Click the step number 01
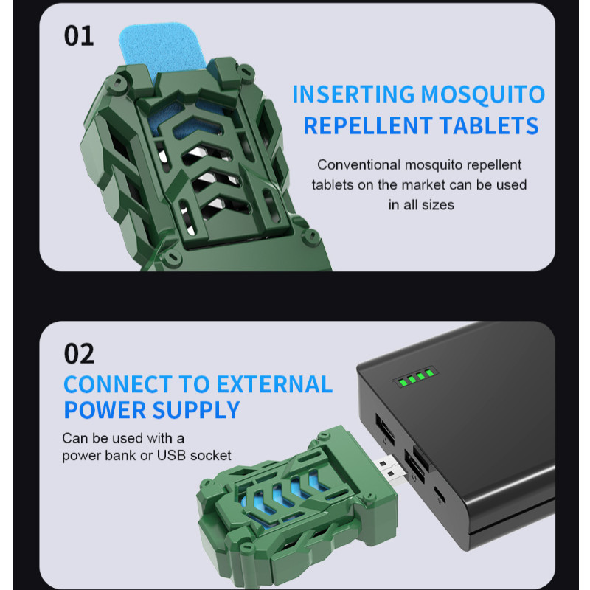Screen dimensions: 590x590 click(x=79, y=36)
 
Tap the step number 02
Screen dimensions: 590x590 click(x=80, y=354)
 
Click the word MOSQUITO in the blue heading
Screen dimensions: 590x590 click(x=483, y=94)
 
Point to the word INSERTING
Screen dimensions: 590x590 click(x=353, y=94)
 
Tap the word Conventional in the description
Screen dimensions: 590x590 click(x=358, y=164)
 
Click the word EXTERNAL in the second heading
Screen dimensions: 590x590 click(x=274, y=384)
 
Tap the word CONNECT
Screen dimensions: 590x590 click(x=118, y=384)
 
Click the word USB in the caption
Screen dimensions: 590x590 click(x=171, y=455)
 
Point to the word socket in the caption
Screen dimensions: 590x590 click(x=211, y=455)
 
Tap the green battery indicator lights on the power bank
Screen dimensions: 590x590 click(x=416, y=378)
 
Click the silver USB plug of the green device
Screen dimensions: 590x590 click(x=393, y=470)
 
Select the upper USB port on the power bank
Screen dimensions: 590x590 click(x=385, y=428)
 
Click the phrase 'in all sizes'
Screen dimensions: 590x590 click(x=421, y=205)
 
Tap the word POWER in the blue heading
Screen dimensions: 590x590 click(x=105, y=410)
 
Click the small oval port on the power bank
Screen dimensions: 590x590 click(x=440, y=495)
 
